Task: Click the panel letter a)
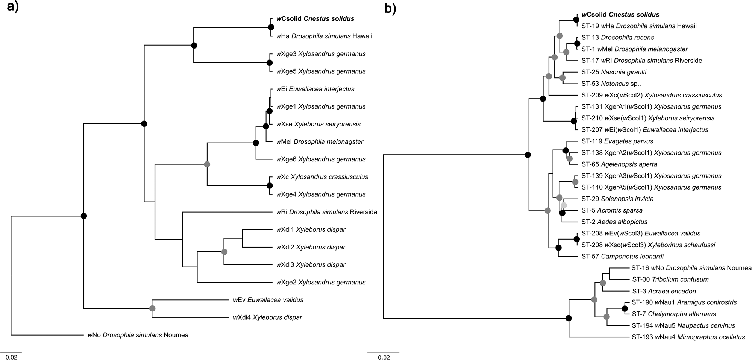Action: (x=13, y=8)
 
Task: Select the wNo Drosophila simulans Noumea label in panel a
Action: (x=138, y=335)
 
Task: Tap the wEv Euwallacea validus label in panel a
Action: (x=268, y=300)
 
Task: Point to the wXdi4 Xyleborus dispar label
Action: (x=267, y=317)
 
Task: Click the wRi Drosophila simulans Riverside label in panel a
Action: (x=326, y=212)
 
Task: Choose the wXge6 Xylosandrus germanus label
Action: (x=321, y=159)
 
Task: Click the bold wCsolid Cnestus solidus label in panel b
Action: (x=620, y=15)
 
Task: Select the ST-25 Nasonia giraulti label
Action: (x=614, y=72)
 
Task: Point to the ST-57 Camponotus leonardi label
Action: (x=622, y=256)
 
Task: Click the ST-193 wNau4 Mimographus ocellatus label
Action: (x=688, y=337)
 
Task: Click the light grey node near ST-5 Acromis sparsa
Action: (x=564, y=205)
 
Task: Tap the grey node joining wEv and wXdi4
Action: (x=152, y=308)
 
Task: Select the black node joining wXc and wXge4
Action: (x=269, y=185)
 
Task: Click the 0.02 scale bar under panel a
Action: (x=11, y=352)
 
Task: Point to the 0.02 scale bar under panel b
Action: (x=383, y=352)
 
